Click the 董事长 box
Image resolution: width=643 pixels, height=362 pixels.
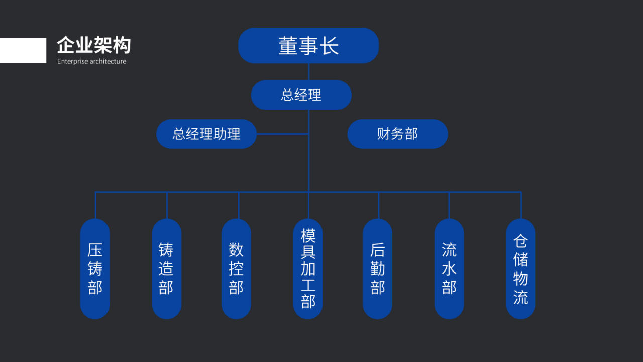[308, 46]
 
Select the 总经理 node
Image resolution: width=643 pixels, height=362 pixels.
[301, 95]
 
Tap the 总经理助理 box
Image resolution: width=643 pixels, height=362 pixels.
[206, 134]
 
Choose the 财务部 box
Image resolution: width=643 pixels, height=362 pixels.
[397, 134]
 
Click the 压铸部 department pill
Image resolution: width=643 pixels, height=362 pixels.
[95, 268]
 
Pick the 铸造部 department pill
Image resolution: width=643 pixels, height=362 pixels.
[166, 268]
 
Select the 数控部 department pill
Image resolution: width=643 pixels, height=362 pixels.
[236, 268]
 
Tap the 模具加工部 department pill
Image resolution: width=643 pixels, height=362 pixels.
[308, 268]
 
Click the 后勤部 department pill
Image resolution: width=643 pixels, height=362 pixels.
[378, 268]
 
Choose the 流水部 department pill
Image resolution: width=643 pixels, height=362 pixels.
[449, 268]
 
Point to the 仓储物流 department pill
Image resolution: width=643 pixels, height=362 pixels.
[521, 268]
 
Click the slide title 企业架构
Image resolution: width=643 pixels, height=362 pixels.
[93, 46]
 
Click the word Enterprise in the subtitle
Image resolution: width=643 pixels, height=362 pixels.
[72, 62]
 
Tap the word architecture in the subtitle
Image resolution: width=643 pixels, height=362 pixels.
[108, 62]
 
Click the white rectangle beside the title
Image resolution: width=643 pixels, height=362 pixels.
[23, 50]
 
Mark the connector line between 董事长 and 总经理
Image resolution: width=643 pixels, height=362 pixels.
[308, 72]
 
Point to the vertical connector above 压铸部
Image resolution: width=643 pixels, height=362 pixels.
[95, 205]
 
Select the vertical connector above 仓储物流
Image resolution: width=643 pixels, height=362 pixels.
[521, 205]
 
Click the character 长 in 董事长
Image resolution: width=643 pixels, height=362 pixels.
[330, 46]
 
